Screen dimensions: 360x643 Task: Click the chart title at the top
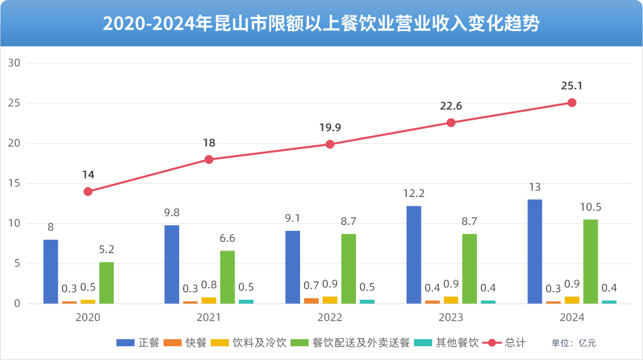[321, 24]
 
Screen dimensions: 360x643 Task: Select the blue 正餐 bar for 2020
[51, 271]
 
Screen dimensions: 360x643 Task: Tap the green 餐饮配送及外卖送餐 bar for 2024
[591, 261]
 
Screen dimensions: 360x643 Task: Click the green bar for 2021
[227, 277]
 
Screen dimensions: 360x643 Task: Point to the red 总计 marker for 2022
[330, 144]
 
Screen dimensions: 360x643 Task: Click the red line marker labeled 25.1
[572, 102]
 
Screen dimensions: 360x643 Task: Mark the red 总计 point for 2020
[88, 192]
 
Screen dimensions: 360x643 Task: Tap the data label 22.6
[451, 107]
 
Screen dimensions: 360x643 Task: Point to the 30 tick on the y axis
[14, 63]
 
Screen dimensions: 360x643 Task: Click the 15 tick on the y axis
[14, 183]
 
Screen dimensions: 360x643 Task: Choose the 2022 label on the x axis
[330, 317]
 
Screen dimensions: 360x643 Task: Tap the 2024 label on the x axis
[572, 317]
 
